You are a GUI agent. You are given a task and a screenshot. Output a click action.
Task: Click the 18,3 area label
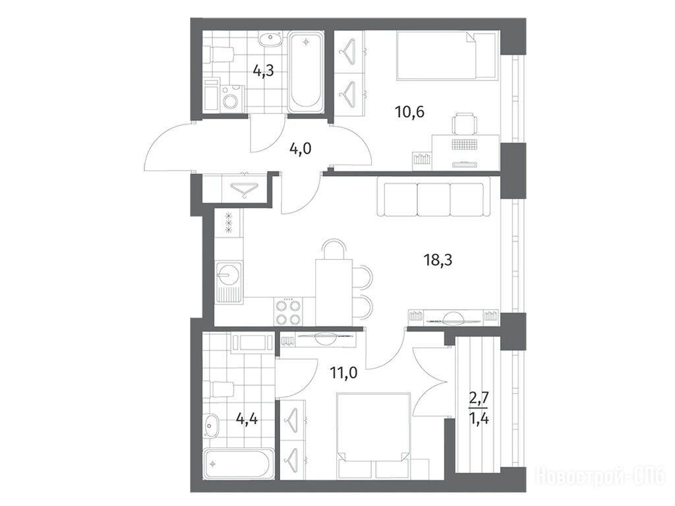(438, 260)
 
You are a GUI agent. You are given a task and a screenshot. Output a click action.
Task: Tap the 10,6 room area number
(409, 112)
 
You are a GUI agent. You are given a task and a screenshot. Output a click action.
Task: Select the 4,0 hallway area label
(300, 149)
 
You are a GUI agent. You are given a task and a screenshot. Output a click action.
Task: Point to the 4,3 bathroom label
(263, 70)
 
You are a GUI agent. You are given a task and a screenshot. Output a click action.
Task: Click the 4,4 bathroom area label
(247, 418)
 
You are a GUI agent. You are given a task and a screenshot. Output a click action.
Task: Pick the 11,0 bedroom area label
(343, 372)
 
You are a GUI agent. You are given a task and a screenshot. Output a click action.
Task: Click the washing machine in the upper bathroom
(232, 99)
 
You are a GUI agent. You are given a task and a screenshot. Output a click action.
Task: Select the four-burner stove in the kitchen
(288, 312)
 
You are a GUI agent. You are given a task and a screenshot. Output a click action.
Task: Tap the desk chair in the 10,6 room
(465, 123)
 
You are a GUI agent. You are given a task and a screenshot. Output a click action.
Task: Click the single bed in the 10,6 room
(436, 55)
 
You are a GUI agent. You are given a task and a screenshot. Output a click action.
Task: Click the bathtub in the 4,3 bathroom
(306, 72)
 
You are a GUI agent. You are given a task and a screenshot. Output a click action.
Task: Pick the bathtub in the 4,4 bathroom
(239, 464)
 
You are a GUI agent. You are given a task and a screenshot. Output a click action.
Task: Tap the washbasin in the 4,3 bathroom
(270, 40)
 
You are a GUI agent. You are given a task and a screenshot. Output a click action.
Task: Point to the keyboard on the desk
(465, 144)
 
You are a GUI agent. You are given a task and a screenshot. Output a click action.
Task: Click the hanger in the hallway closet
(244, 189)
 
